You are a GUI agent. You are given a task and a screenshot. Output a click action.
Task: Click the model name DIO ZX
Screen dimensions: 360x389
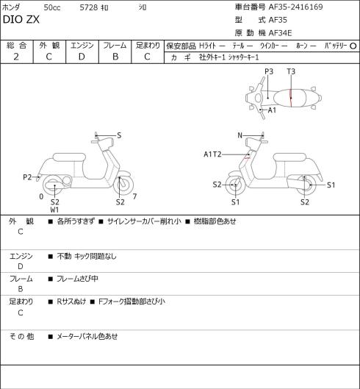pos(21,20)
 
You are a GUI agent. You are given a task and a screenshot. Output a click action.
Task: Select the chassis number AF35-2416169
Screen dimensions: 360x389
pos(296,7)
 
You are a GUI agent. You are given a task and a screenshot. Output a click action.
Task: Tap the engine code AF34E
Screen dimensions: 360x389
pos(280,33)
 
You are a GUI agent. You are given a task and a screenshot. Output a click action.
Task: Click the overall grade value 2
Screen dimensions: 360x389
pos(16,57)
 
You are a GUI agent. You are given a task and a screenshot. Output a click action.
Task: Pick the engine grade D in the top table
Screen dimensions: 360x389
pos(82,57)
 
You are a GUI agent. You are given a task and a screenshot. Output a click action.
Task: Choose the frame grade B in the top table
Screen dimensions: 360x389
pos(115,57)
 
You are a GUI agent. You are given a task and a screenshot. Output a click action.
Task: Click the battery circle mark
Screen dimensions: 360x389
pos(353,46)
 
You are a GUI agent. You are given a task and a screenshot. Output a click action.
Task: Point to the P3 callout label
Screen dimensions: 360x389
pos(269,72)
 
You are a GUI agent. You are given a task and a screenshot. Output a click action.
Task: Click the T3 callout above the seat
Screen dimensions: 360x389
pos(291,72)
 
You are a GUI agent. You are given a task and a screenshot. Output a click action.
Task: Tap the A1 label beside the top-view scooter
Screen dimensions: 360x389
pos(272,110)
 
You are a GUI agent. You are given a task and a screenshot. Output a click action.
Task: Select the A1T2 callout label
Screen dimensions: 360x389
pos(212,154)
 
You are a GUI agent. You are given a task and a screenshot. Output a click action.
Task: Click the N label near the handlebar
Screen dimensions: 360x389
pos(240,135)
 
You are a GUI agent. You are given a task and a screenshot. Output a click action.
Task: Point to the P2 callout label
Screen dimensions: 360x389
pos(27,177)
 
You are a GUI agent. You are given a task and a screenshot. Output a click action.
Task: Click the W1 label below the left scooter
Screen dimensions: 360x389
pos(54,210)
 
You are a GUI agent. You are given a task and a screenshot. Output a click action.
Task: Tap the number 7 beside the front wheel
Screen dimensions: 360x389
pos(134,196)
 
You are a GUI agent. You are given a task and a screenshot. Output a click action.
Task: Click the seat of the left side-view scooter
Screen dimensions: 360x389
pos(69,157)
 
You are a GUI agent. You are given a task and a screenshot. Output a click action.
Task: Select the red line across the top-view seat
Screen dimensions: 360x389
pos(291,98)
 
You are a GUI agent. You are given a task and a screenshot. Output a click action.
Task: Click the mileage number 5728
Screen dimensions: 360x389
pos(88,7)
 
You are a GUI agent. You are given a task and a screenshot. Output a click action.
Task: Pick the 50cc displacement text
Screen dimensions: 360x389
pos(52,7)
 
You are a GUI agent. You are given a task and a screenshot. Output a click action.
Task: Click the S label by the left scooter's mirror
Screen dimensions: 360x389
pos(119,135)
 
